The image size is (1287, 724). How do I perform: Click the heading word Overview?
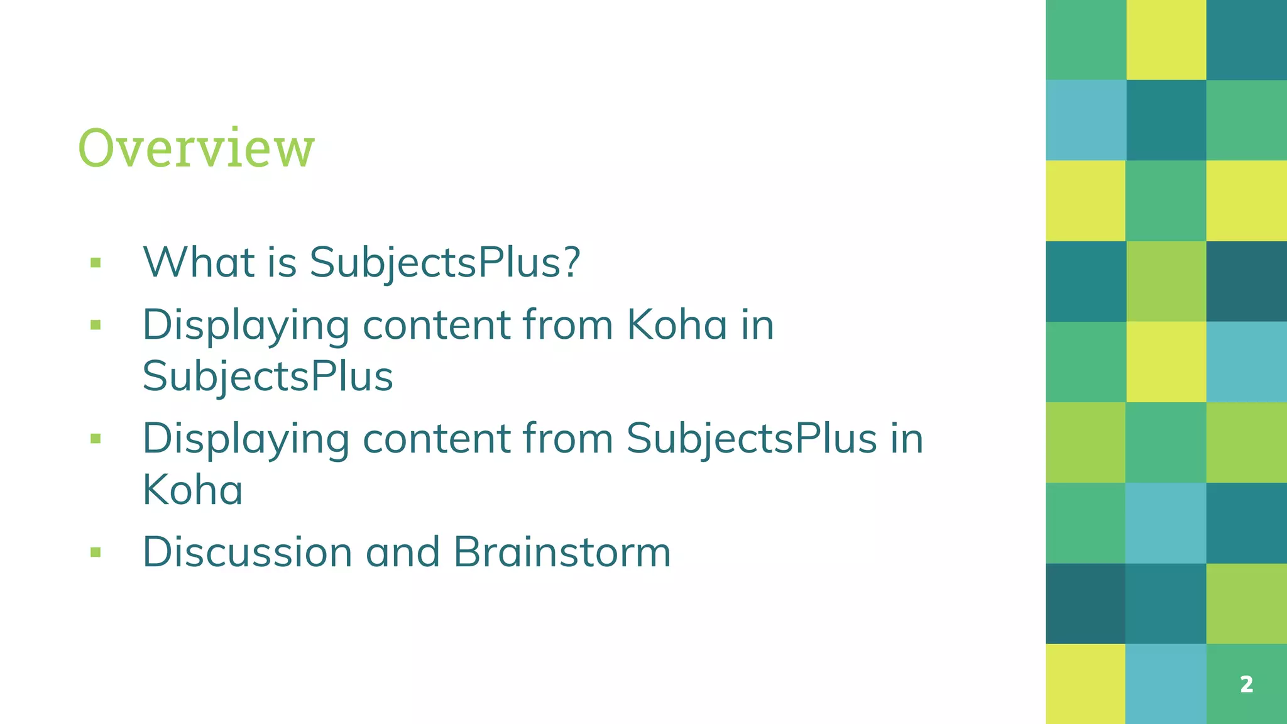point(196,148)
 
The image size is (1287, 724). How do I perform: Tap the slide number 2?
point(1247,684)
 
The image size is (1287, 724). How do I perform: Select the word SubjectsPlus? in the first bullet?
point(445,263)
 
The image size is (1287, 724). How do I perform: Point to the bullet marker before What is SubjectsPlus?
point(96,263)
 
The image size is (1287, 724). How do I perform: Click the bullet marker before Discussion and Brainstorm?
point(96,552)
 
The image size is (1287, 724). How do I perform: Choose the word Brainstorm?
point(562,552)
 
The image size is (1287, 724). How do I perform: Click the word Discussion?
point(247,552)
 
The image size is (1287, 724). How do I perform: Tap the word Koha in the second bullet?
point(677,325)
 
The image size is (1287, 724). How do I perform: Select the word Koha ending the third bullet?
point(192,490)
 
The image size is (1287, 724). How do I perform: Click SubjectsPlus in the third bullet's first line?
point(752,439)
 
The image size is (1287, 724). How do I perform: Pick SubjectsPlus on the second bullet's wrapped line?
point(268,376)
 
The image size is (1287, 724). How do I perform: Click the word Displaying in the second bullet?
point(246,326)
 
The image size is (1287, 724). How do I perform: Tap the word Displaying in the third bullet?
point(246,439)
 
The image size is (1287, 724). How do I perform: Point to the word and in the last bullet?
point(402,552)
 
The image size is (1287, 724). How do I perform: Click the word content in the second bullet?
point(436,326)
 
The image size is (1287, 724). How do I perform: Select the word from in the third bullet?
point(567,438)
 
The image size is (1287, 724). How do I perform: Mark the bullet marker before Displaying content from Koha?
point(96,326)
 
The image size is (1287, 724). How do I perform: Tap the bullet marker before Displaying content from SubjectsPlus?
point(96,439)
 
